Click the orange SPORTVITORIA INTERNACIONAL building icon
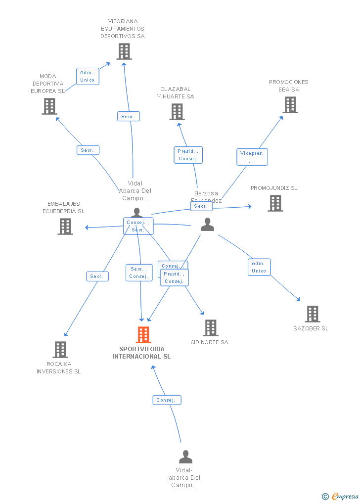[143, 335]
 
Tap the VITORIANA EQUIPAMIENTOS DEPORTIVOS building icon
[124, 51]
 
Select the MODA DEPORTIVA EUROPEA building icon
[49, 106]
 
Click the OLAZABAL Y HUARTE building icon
[177, 112]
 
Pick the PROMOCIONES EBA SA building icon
[290, 105]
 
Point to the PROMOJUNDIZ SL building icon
[275, 203]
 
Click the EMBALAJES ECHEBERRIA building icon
[65, 227]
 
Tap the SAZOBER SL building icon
[312, 314]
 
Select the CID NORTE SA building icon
[211, 328]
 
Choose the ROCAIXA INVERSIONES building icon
[60, 350]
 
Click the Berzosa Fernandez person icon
[208, 225]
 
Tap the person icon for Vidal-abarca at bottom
[185, 456]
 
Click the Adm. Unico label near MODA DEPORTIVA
[87, 76]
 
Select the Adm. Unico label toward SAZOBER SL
[259, 267]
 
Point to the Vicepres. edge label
[252, 157]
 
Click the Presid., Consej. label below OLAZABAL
[188, 155]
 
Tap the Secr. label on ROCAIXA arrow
[97, 276]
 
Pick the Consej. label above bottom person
[167, 400]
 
